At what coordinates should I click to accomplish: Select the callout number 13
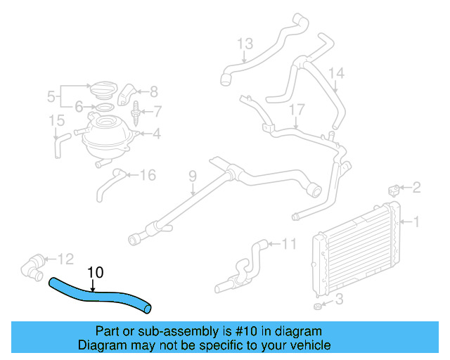click(x=244, y=45)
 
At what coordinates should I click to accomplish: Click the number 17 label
click(x=297, y=109)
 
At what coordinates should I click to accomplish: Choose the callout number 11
click(x=290, y=245)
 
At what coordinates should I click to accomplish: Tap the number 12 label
click(x=65, y=258)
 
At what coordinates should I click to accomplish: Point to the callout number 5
click(x=51, y=96)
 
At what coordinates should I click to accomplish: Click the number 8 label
click(x=154, y=91)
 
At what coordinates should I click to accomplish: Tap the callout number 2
click(x=416, y=187)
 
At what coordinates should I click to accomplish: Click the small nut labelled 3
click(x=317, y=307)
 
